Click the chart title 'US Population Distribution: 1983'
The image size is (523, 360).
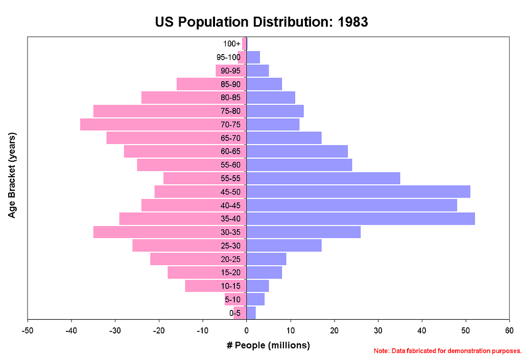[261, 22]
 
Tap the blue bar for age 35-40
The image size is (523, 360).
[361, 219]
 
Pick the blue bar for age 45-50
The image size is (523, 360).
[358, 192]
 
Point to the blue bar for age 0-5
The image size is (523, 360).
[251, 313]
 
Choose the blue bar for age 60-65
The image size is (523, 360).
[297, 152]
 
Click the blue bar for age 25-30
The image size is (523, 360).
[284, 246]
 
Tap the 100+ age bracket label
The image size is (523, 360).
[232, 44]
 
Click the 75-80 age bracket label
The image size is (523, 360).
[231, 111]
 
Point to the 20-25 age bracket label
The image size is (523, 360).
[231, 259]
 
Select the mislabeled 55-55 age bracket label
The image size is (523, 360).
[231, 179]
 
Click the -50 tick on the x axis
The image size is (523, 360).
[28, 330]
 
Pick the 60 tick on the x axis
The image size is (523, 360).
[509, 330]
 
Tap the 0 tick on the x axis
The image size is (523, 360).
[247, 330]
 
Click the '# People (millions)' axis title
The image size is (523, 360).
[268, 346]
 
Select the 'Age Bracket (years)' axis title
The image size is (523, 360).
[12, 175]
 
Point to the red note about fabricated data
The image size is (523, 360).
[447, 351]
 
